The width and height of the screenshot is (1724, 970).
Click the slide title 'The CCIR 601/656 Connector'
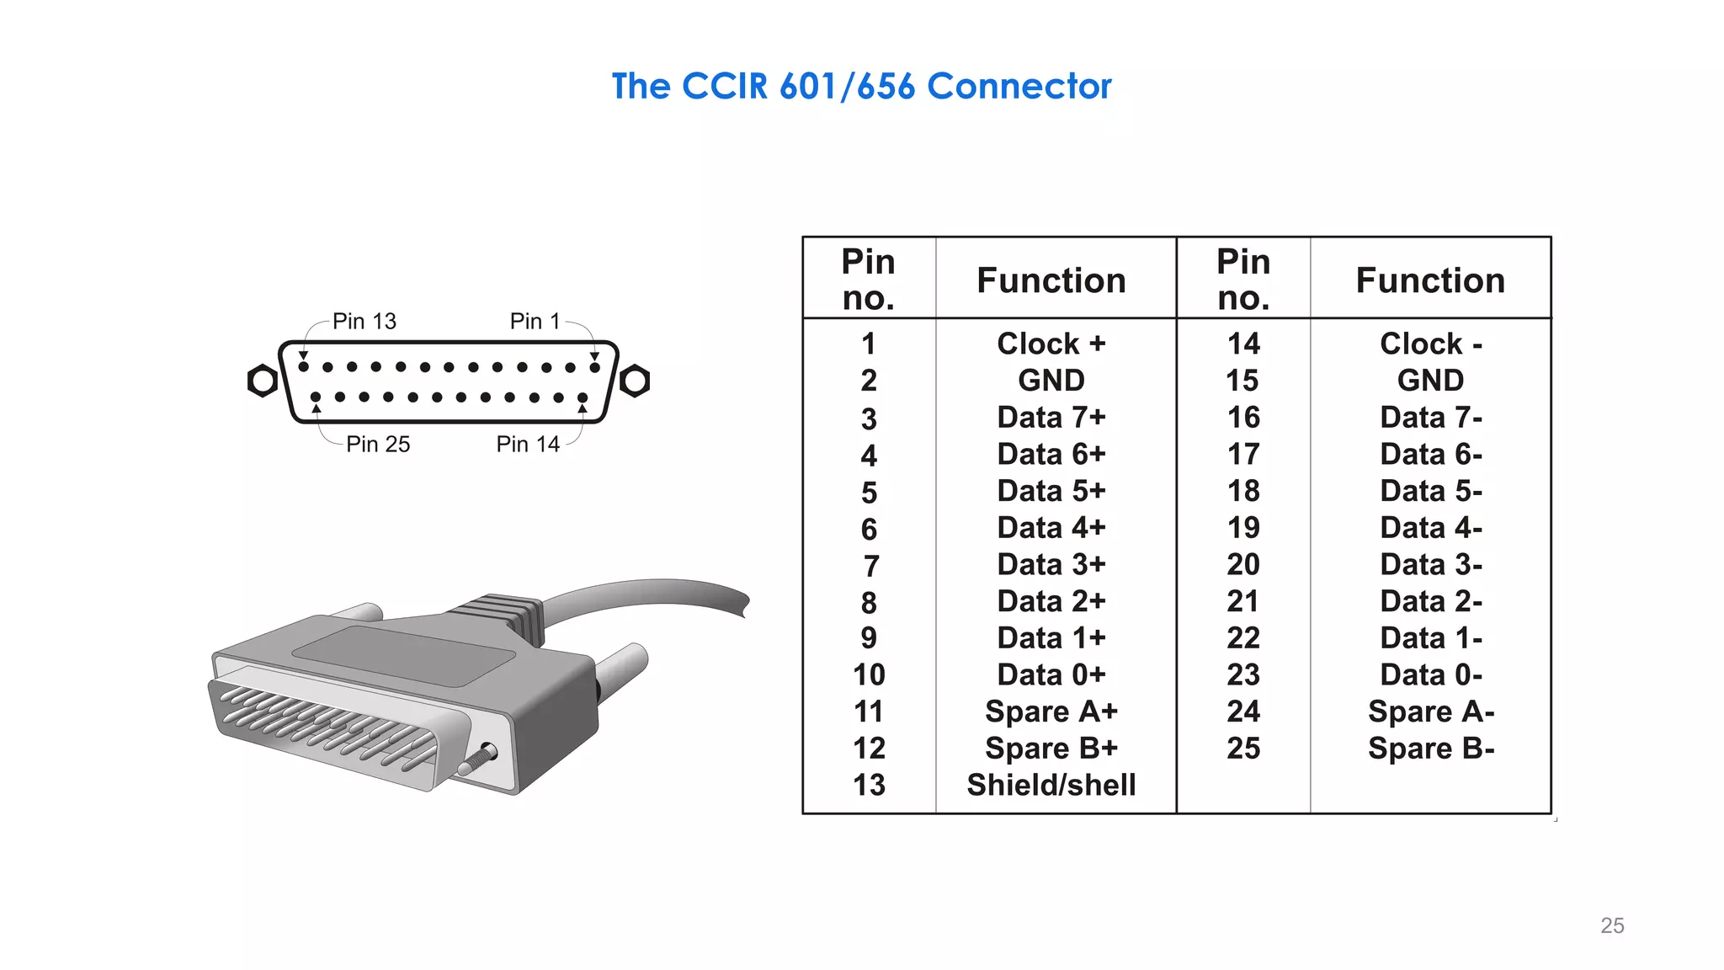(861, 87)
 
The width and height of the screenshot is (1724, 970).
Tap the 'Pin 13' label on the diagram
(364, 322)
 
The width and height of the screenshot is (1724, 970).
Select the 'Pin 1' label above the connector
(535, 322)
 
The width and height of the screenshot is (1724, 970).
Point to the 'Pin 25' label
(378, 445)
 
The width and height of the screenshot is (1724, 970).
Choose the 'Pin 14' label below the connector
(528, 445)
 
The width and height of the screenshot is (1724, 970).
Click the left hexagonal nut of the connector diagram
(263, 381)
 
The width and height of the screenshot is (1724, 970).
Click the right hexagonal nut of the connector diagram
(635, 381)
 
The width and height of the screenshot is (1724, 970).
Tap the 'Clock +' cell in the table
(1051, 344)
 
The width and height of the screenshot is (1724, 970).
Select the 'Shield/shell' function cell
(1051, 785)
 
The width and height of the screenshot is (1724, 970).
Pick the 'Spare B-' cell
(1430, 749)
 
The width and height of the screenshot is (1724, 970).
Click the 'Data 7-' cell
(1430, 418)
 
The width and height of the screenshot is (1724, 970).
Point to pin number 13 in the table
(869, 785)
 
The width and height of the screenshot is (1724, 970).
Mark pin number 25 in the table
(1243, 749)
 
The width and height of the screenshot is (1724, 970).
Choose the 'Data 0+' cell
(1051, 674)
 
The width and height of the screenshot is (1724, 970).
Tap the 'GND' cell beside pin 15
(1430, 381)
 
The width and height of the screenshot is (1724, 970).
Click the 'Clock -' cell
(1430, 344)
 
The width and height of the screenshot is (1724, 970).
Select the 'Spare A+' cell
(1051, 712)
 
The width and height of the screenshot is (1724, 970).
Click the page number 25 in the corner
(1612, 925)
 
